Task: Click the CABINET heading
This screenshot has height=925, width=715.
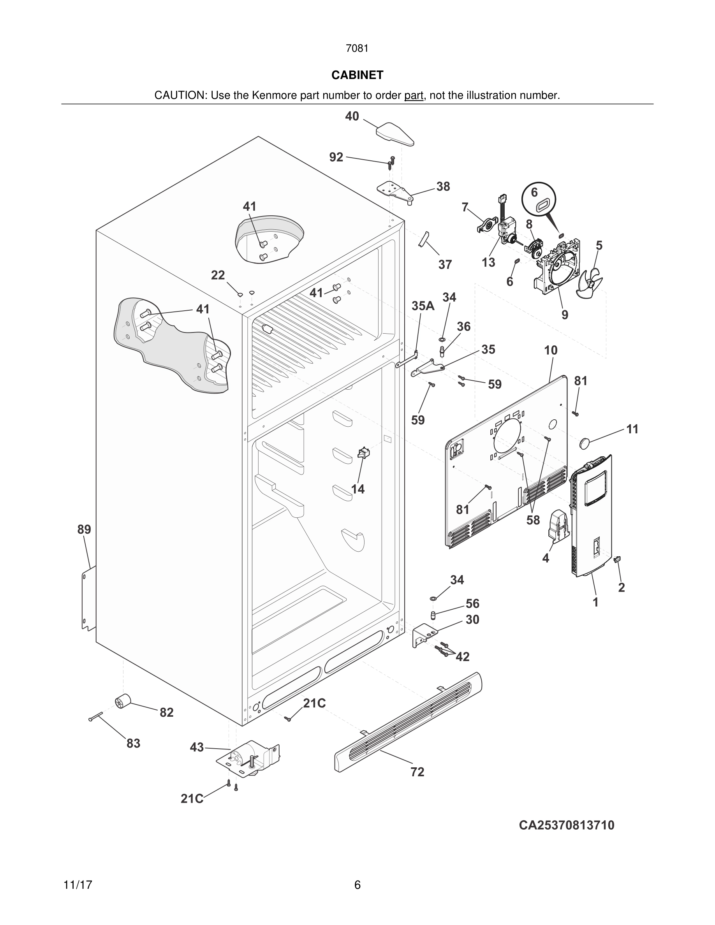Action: [357, 75]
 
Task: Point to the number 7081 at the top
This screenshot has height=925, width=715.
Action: [357, 48]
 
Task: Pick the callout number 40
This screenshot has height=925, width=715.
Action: [352, 116]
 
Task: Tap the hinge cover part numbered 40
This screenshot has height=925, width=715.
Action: [395, 134]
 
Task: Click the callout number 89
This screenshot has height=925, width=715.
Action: [84, 529]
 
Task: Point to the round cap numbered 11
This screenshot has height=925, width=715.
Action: [585, 443]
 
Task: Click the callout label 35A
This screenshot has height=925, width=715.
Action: [423, 306]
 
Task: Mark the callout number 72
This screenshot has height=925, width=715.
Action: [417, 772]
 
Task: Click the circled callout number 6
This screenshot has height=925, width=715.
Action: [534, 192]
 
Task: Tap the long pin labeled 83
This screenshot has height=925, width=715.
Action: [97, 717]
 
